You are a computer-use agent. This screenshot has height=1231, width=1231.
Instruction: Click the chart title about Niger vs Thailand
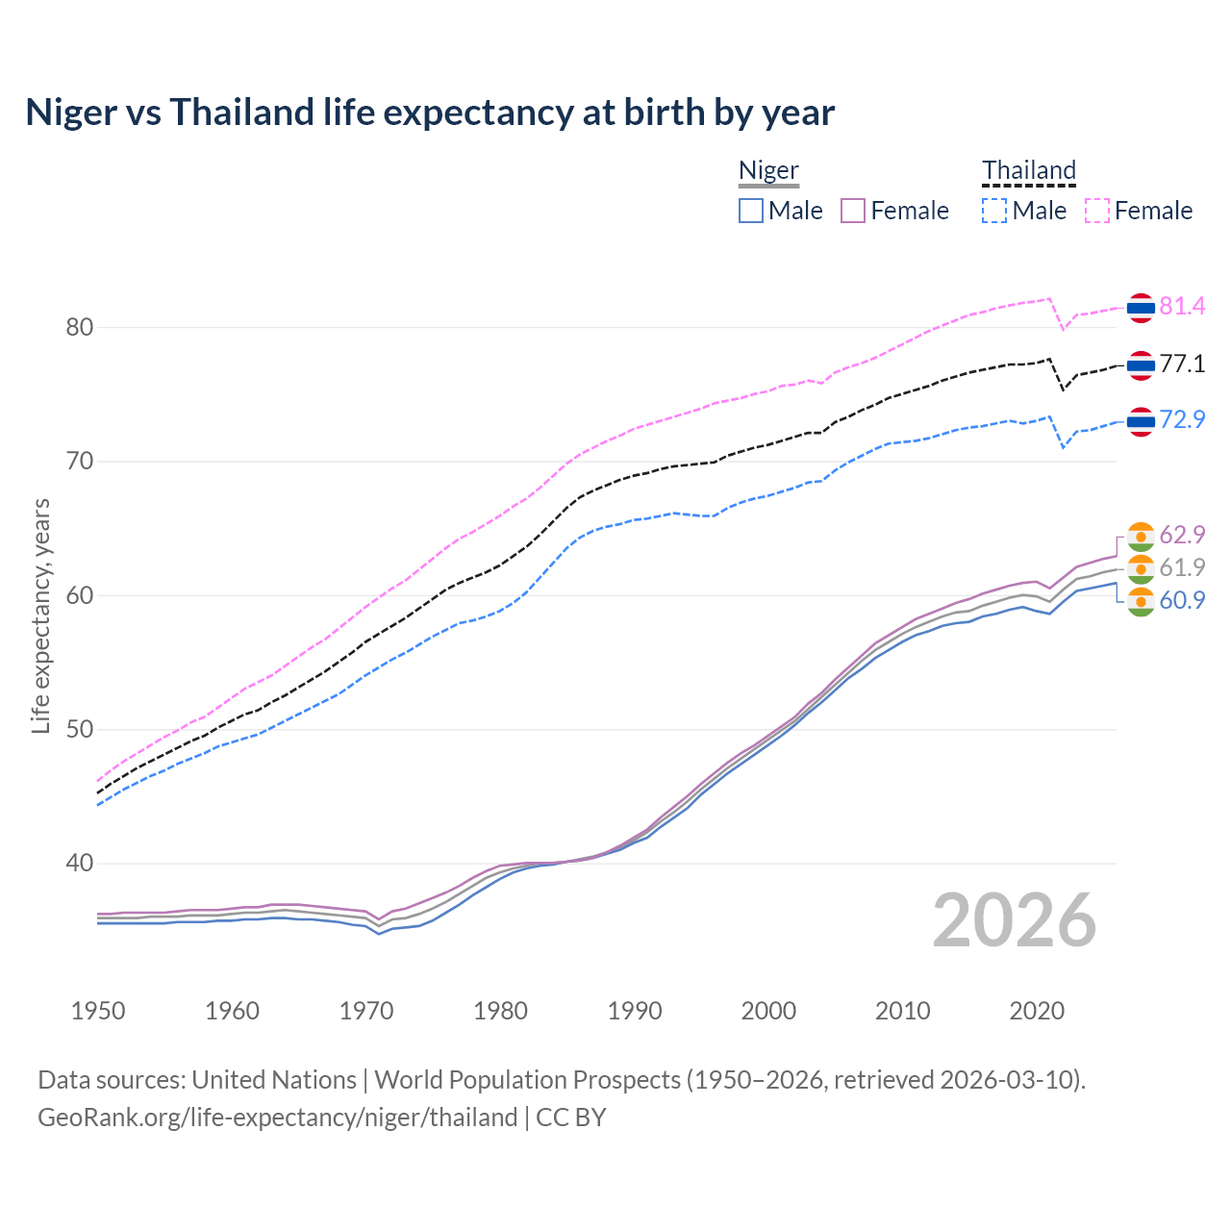pyautogui.click(x=430, y=113)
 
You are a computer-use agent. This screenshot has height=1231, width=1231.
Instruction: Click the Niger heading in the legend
pyautogui.click(x=768, y=171)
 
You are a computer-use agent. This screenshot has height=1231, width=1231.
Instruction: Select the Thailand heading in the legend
pyautogui.click(x=1028, y=171)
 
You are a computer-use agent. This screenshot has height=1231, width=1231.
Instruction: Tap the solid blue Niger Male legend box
pyautogui.click(x=751, y=211)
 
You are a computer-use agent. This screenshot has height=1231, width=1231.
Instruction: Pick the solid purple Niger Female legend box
pyautogui.click(x=853, y=211)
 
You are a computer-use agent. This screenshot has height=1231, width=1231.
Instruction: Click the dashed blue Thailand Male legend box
pyautogui.click(x=994, y=211)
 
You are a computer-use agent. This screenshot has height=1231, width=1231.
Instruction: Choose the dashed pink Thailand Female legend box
pyautogui.click(x=1097, y=211)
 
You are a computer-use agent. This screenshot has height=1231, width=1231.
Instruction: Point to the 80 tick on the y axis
pyautogui.click(x=79, y=328)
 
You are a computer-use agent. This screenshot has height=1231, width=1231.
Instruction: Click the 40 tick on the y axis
pyautogui.click(x=79, y=864)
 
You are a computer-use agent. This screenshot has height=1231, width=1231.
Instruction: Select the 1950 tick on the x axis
pyautogui.click(x=98, y=1011)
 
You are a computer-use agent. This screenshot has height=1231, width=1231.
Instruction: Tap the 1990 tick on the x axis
pyautogui.click(x=635, y=1011)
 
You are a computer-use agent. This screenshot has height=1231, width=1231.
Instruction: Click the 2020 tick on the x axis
pyautogui.click(x=1037, y=1011)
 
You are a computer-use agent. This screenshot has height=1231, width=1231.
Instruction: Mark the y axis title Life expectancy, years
pyautogui.click(x=40, y=615)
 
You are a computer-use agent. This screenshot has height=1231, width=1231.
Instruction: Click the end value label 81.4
pyautogui.click(x=1182, y=307)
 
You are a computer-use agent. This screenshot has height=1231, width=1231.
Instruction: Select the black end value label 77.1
pyautogui.click(x=1182, y=364)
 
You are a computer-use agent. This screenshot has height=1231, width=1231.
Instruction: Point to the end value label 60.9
pyautogui.click(x=1182, y=601)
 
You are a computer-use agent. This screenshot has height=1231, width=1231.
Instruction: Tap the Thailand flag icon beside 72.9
pyautogui.click(x=1141, y=421)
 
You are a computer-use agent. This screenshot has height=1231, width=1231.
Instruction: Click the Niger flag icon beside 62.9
pyautogui.click(x=1141, y=536)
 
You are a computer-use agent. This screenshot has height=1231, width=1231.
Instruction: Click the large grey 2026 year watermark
pyautogui.click(x=1015, y=921)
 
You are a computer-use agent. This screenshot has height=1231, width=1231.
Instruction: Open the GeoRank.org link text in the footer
pyautogui.click(x=277, y=1118)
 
